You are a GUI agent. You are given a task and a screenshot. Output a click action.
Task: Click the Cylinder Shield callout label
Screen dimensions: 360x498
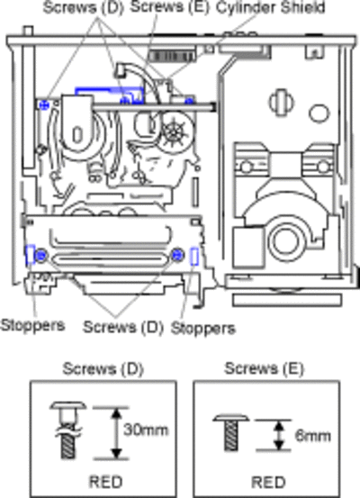coord(270,7)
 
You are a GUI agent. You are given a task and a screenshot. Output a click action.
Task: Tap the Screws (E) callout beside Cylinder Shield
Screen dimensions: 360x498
coord(170,7)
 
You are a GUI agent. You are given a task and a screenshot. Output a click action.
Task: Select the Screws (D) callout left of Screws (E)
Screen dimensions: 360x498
coord(83,7)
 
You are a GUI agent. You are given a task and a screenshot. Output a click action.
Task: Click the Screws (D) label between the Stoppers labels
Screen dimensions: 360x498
coord(123,327)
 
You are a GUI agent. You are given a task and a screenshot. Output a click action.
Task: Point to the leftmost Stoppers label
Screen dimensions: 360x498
coord(32,325)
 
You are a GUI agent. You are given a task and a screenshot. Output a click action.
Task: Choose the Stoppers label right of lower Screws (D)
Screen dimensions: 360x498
coord(203,328)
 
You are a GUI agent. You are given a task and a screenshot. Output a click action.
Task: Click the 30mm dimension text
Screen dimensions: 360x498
coord(146,430)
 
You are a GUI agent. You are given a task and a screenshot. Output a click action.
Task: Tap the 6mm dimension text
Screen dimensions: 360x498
coord(312,435)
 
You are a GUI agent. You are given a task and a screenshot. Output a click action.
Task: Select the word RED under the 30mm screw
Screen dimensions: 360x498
coord(105,482)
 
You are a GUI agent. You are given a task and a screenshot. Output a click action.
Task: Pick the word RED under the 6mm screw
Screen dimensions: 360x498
coord(268,482)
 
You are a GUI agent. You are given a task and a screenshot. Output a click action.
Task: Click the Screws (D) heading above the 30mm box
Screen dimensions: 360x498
coord(103,368)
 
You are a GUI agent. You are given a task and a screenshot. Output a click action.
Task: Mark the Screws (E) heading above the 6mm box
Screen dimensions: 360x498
coord(264,368)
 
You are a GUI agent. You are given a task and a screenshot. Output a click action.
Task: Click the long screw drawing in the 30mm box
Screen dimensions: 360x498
coord(68,430)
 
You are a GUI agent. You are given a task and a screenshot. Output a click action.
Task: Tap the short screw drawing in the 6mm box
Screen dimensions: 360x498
coord(231,432)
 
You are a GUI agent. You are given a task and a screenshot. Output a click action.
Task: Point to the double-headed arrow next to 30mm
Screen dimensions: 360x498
coord(117,433)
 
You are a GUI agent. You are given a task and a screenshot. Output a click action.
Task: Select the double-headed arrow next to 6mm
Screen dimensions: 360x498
coord(279,435)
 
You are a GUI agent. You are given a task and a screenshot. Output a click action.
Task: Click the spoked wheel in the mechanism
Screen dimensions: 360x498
coord(174,131)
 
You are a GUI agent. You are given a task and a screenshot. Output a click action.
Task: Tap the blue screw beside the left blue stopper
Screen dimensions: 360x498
coord(40,255)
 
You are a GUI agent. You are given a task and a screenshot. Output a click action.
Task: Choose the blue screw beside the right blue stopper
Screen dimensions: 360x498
coord(177,254)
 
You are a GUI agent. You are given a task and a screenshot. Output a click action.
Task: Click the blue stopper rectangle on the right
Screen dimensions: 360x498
coord(194,257)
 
